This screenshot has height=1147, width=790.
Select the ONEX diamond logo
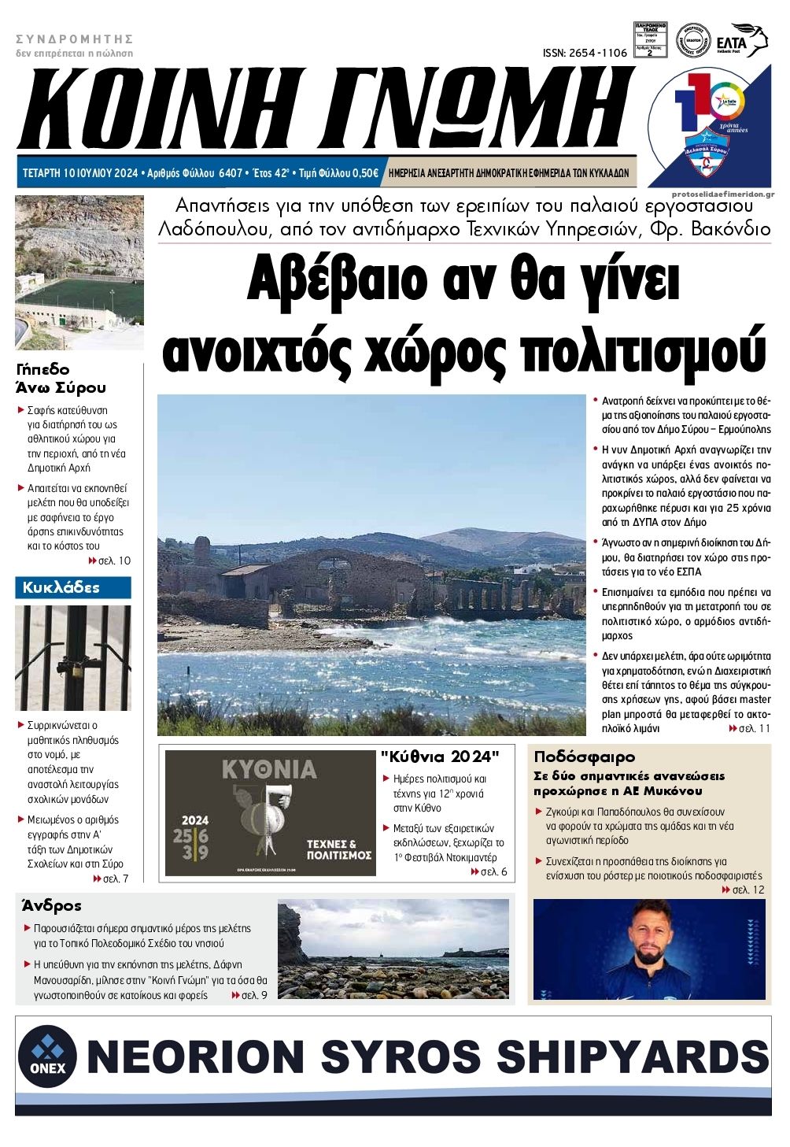[47, 1056]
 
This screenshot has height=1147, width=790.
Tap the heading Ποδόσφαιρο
[584, 757]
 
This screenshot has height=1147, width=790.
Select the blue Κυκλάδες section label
[72, 587]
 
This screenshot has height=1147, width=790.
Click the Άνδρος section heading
[52, 905]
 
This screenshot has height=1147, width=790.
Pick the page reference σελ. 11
[754, 729]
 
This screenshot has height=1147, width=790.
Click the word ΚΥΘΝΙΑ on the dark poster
[269, 769]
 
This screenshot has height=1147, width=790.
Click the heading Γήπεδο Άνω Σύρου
[61, 378]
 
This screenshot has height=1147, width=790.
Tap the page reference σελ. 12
[748, 890]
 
